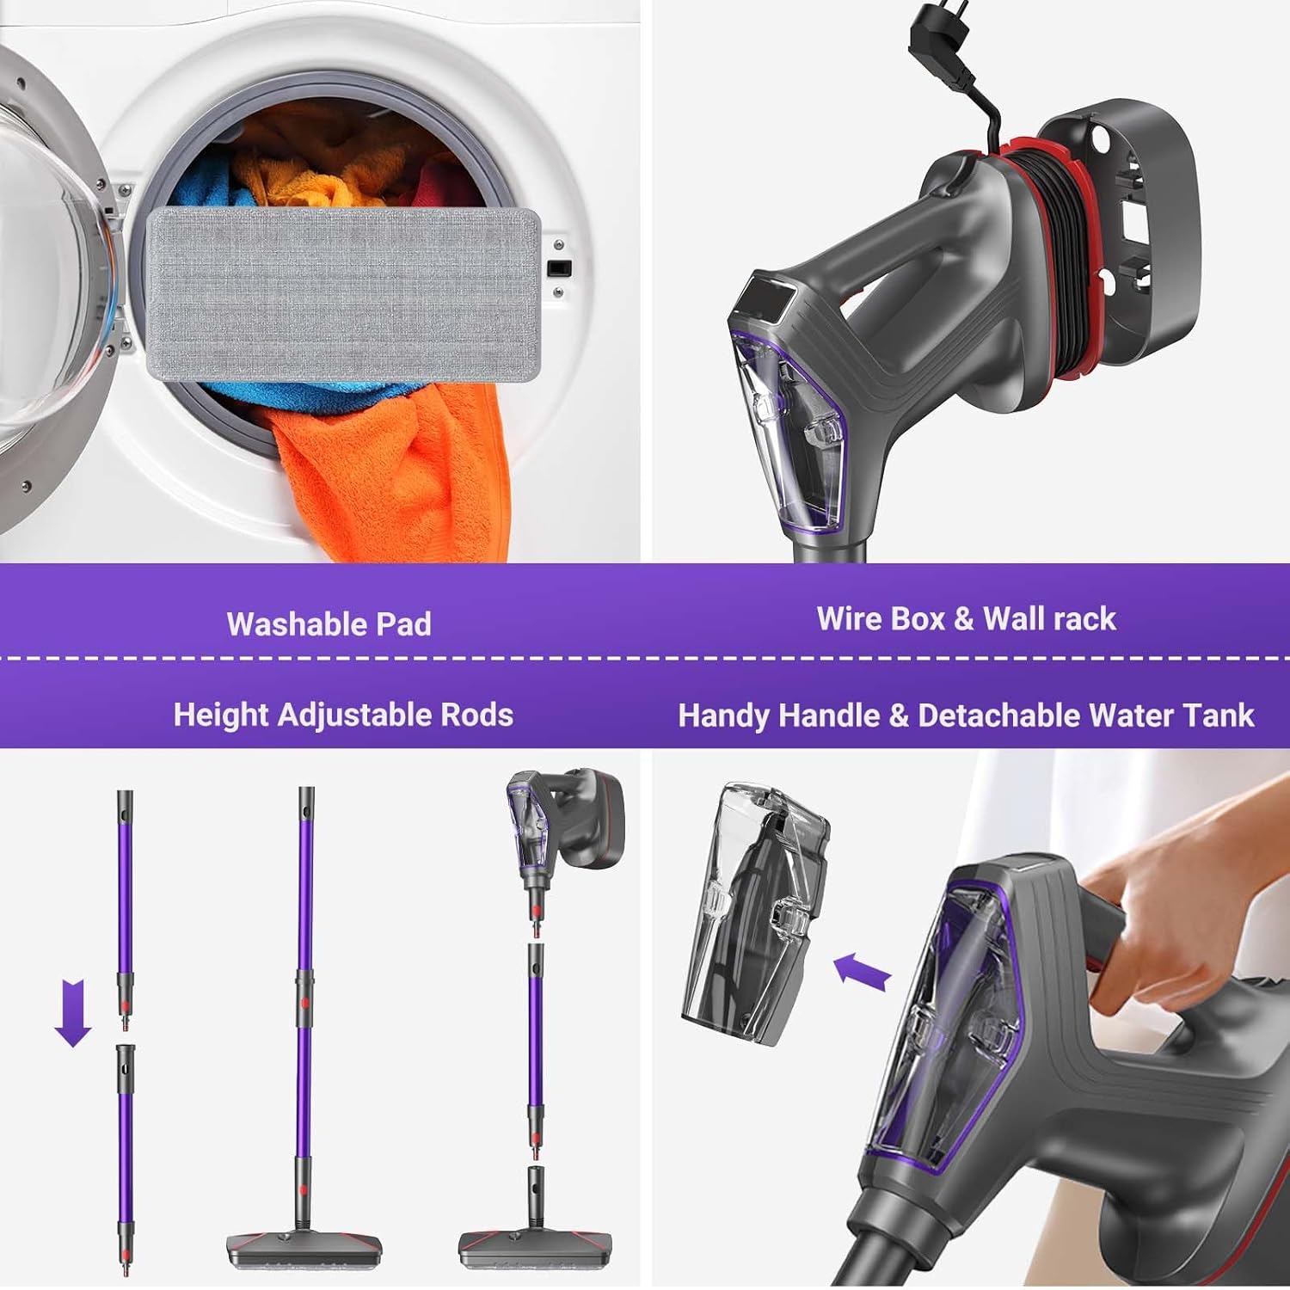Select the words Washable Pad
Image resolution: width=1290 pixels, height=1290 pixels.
(x=329, y=624)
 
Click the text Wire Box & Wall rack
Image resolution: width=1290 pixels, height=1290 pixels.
(x=966, y=619)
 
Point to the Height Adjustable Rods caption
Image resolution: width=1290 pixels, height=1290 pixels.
(x=343, y=716)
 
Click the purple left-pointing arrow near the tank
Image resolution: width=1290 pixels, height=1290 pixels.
(x=863, y=971)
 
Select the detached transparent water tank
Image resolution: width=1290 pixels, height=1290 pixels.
(x=757, y=912)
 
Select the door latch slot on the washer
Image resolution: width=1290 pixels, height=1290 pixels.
(x=560, y=268)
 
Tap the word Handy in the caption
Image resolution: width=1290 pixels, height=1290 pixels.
(x=721, y=716)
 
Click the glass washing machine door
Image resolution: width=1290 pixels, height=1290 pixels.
(x=43, y=284)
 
